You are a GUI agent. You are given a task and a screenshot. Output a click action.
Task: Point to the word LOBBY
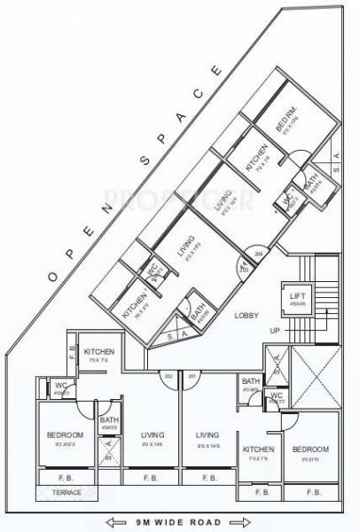(246, 316)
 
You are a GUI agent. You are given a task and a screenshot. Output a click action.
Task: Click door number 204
(259, 254)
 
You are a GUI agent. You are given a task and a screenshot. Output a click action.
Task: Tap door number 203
(243, 269)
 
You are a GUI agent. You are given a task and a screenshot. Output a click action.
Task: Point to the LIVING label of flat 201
(207, 434)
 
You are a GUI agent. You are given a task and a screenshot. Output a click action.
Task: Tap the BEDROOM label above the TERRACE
(65, 434)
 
